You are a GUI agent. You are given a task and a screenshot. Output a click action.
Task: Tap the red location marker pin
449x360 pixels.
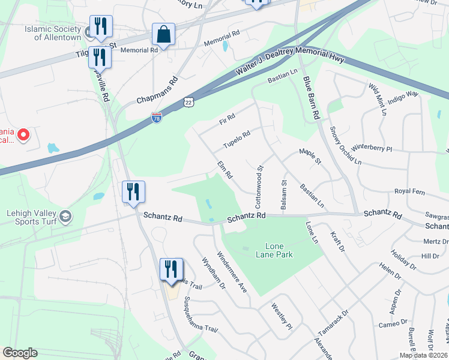pyautogui.click(x=23, y=134)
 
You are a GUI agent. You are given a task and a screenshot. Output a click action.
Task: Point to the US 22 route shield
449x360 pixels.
pyautogui.click(x=189, y=103)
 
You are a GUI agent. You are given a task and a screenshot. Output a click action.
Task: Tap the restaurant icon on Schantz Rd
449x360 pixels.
pyautogui.click(x=133, y=192)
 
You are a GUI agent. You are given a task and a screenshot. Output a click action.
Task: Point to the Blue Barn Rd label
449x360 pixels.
pyautogui.click(x=310, y=98)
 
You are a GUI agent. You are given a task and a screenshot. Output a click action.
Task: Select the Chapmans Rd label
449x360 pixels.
pyautogui.click(x=157, y=91)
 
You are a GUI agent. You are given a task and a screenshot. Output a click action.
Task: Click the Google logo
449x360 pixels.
pyautogui.click(x=20, y=353)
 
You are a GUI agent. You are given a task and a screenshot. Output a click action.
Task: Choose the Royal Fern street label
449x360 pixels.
pyautogui.click(x=409, y=191)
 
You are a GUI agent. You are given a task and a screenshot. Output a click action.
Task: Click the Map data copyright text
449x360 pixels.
pyautogui.click(x=423, y=355)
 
